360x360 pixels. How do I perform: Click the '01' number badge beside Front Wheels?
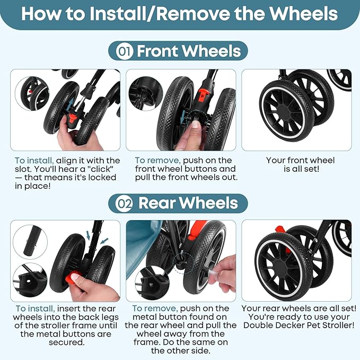click(x=125, y=51)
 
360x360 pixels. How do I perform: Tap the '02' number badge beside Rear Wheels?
click(x=124, y=203)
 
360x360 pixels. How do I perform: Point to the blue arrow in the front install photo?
click(x=71, y=103)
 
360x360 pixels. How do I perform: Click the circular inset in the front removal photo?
click(x=146, y=94)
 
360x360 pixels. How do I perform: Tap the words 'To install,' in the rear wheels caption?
click(x=35, y=309)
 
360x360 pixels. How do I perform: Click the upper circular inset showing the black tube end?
click(x=30, y=242)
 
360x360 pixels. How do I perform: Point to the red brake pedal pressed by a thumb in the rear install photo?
click(x=73, y=277)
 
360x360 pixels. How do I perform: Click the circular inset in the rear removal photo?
click(x=152, y=283)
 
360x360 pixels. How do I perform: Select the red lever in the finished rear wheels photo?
click(x=280, y=230)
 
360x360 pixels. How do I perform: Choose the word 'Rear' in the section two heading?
click(x=157, y=203)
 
